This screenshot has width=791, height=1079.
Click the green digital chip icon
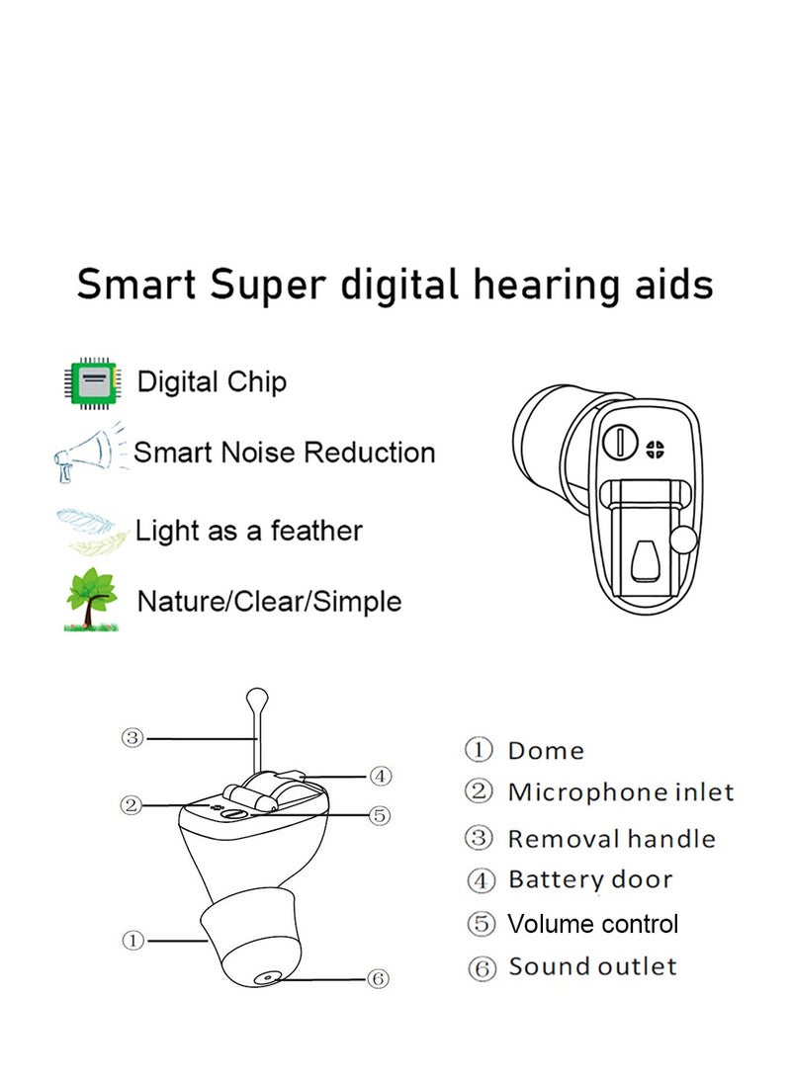point(92,382)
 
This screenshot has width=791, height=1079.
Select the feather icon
point(92,530)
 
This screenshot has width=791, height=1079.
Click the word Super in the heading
point(267,286)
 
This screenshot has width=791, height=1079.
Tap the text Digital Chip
point(212,382)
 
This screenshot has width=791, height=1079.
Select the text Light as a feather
point(248,531)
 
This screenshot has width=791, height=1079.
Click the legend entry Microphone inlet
point(620,792)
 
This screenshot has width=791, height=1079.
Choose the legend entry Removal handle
point(611,839)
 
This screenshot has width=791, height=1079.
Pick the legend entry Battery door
point(590,879)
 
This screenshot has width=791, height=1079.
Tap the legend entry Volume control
point(592,924)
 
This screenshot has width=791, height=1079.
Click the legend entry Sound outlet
point(592,966)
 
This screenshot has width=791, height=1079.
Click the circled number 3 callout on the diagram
point(132,738)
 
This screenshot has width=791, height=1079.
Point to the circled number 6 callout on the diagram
point(378,978)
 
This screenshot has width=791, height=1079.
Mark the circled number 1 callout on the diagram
point(132,940)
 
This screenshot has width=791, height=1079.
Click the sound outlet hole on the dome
point(265,978)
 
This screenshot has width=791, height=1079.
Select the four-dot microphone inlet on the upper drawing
point(655,450)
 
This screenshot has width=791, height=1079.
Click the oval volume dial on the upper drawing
point(621,442)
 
